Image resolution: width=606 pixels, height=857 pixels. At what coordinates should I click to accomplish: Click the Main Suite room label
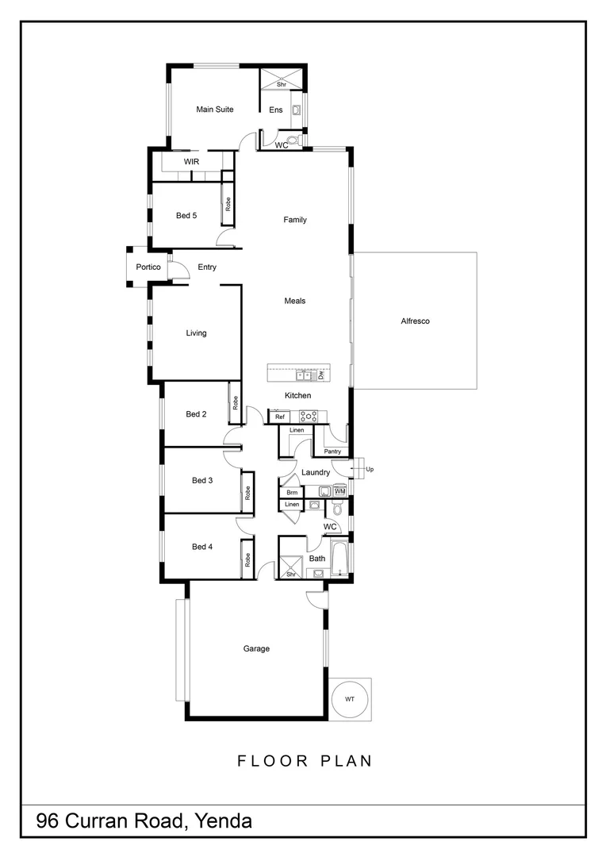tap(215, 110)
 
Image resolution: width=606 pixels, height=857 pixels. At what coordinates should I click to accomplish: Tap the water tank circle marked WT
tap(350, 698)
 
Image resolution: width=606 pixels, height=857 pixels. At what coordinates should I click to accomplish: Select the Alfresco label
tap(415, 321)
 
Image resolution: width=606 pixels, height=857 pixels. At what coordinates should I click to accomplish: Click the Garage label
tap(256, 648)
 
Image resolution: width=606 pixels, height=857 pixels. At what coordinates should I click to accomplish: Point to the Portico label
tap(148, 267)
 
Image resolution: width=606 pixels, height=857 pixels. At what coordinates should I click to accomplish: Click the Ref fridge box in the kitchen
tap(279, 416)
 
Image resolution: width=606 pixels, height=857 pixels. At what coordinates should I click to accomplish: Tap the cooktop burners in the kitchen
tap(308, 416)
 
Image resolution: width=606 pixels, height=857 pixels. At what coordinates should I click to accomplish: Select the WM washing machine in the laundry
tap(339, 492)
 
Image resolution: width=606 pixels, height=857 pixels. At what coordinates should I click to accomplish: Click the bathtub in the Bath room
tap(339, 559)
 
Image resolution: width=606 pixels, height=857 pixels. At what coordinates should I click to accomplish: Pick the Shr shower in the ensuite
tap(281, 80)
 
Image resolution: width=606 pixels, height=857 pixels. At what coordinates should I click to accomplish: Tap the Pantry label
tap(332, 452)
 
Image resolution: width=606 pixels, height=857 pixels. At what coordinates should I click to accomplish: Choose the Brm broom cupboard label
tap(292, 492)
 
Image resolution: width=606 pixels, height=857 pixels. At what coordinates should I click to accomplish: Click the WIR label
tap(191, 162)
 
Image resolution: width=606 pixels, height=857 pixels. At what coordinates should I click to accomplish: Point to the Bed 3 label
tap(202, 480)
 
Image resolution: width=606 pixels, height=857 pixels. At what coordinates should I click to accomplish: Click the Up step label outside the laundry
tap(370, 469)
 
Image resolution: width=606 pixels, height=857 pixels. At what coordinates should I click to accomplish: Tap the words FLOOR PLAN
tap(305, 761)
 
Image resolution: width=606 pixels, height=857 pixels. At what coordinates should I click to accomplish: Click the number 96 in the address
tap(48, 821)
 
